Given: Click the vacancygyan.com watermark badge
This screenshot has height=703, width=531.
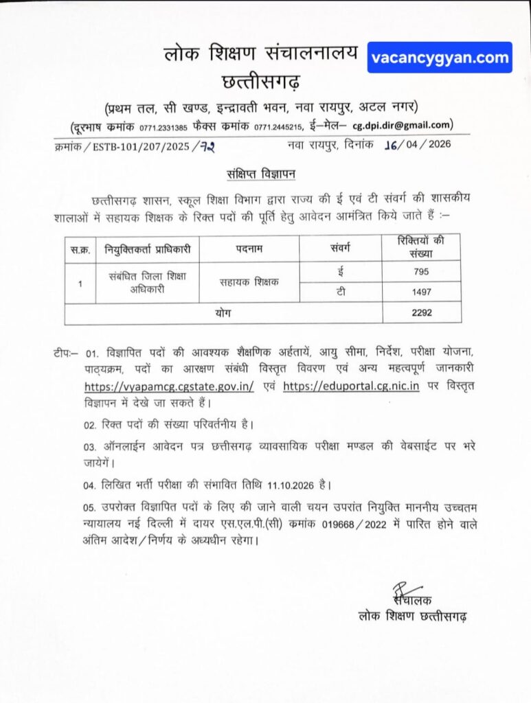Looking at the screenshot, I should pyautogui.click(x=440, y=58).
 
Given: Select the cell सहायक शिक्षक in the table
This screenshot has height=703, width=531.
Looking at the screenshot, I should pyautogui.click(x=249, y=281).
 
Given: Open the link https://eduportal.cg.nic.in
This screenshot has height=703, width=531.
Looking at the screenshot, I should pyautogui.click(x=351, y=386).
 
